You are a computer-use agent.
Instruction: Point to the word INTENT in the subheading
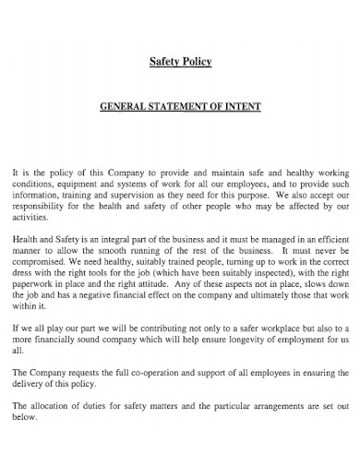pyautogui.click(x=243, y=107)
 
